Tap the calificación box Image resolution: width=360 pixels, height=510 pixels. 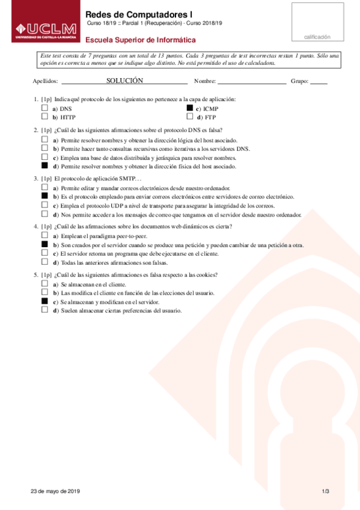tap(317, 23)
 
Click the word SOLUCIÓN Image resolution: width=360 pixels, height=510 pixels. tap(124, 81)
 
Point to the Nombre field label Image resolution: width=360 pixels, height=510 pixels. tap(204, 81)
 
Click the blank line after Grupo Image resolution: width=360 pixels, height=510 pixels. tap(319, 81)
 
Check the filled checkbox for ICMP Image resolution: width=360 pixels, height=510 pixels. tap(190, 108)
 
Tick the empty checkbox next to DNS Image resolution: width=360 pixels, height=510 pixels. tap(44, 108)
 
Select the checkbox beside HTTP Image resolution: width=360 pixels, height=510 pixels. tap(44, 117)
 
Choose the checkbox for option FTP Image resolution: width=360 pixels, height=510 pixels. tap(190, 117)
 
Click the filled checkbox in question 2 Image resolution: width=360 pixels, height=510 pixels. tap(44, 165)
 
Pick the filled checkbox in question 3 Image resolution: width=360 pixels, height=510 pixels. tap(44, 196)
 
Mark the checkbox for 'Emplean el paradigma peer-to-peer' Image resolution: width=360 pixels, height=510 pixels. tap(44, 236)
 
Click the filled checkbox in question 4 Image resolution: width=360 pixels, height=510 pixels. tap(44, 245)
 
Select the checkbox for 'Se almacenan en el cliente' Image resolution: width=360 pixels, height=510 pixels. tap(44, 283)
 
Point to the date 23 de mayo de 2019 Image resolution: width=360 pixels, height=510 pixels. tap(55, 491)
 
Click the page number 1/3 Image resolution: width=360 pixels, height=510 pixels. tap(325, 491)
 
